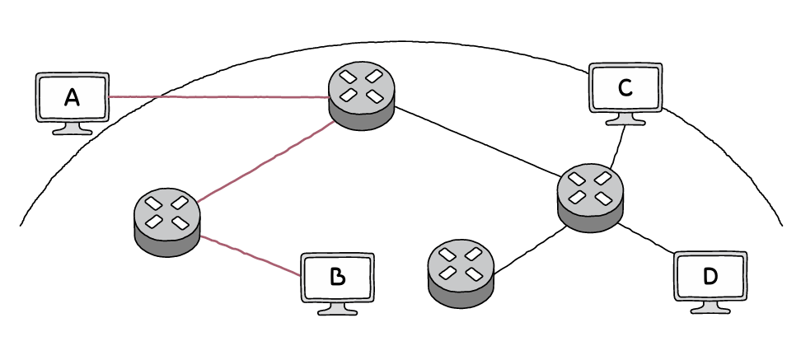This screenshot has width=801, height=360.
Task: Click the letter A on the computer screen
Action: coord(72,98)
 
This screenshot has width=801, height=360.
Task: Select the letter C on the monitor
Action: coord(625,87)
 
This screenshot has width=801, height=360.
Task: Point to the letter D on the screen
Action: coord(710,277)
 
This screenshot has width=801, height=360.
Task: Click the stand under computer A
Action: coord(72,128)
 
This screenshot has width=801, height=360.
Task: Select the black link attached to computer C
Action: coord(614,147)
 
